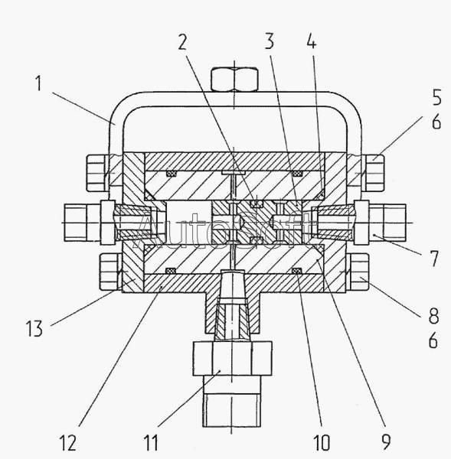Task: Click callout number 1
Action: pyautogui.click(x=39, y=83)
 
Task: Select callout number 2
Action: pyautogui.click(x=182, y=42)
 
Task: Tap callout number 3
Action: pyautogui.click(x=270, y=41)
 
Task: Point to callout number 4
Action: pyautogui.click(x=312, y=41)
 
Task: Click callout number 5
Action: pyautogui.click(x=436, y=97)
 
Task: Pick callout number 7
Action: pyautogui.click(x=434, y=259)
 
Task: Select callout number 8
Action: pyautogui.click(x=434, y=315)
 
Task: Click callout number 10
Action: pyautogui.click(x=322, y=442)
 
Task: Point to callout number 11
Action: pyautogui.click(x=151, y=442)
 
